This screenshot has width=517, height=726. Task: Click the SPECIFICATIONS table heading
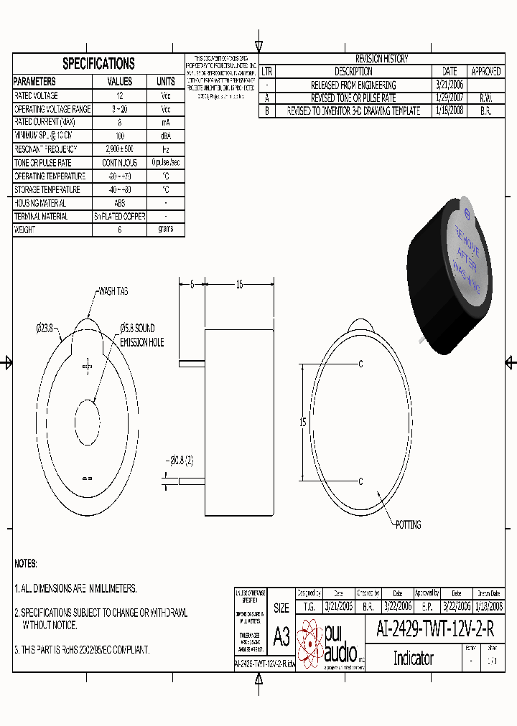coord(98,63)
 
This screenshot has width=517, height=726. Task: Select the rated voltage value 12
coord(119,95)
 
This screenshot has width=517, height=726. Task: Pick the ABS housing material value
coord(119,203)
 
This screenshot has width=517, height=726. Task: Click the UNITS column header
coord(165,82)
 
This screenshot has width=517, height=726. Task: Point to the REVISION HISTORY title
coord(381,59)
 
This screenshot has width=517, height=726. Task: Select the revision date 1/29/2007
coord(450,98)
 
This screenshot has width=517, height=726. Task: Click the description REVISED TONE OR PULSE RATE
coord(353,98)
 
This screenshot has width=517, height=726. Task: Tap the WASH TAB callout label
coord(113,291)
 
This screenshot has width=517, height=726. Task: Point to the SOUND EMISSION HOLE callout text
coord(141,336)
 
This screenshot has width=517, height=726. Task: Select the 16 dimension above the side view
coord(240,285)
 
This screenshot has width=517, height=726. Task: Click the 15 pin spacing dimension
coord(303,423)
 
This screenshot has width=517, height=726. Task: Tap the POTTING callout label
coord(409,524)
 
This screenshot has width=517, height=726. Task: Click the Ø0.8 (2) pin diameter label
coord(179,460)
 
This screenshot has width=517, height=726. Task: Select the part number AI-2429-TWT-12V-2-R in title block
coord(435,630)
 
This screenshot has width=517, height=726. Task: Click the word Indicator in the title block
coord(413,658)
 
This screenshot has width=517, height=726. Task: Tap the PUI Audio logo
coord(330,643)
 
